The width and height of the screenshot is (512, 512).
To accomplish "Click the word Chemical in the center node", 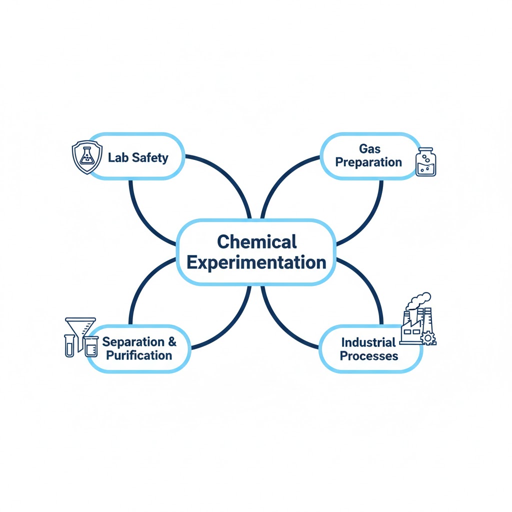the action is [x=257, y=241].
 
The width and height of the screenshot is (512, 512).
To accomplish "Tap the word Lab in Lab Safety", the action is [x=118, y=157].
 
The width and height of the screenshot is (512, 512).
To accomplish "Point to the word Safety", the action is [x=150, y=158].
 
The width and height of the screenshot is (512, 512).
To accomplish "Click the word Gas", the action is [x=369, y=149].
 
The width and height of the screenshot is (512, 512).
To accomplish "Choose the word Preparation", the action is [x=368, y=162].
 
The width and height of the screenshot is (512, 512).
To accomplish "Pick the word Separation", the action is [x=133, y=342].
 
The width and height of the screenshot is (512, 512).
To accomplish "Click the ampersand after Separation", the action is [x=172, y=341].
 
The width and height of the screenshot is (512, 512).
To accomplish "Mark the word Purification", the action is [x=139, y=355].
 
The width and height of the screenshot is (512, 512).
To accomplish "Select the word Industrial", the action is [x=368, y=342].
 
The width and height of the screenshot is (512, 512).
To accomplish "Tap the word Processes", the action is [x=369, y=356].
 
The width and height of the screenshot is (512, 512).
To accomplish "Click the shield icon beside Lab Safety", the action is [x=87, y=157].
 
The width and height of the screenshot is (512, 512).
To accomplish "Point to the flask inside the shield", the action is [x=87, y=156].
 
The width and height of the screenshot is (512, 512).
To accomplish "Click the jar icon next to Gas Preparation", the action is [x=426, y=162].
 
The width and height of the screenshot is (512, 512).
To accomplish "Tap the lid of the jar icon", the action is [x=426, y=150].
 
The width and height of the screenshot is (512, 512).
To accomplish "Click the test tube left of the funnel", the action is [x=69, y=346].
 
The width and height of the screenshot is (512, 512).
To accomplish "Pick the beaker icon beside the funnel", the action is [x=91, y=347].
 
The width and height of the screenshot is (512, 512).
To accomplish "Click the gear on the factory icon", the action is [x=428, y=338].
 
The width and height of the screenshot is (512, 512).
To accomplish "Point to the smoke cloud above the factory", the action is [x=418, y=300].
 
